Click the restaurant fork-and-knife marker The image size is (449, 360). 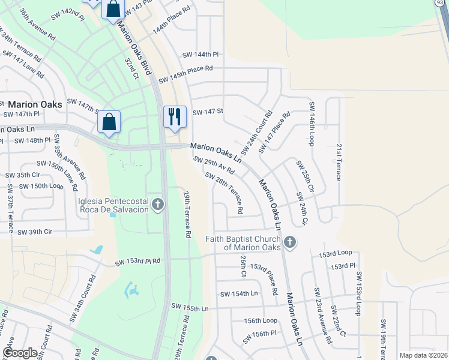[175, 116]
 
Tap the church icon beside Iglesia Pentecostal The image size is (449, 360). [158, 205]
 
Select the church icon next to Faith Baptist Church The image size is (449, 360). [290, 242]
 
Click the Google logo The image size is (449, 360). [20, 353]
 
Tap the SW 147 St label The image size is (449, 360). [208, 112]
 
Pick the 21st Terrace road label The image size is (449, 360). [339, 162]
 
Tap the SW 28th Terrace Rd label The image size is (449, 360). [224, 193]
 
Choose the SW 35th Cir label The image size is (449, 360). [23, 175]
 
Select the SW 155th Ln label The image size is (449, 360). [190, 308]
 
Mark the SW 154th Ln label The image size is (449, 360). [239, 294]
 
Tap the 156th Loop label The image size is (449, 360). [262, 320]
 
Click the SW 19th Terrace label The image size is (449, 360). [383, 338]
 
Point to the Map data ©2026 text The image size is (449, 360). [423, 355]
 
